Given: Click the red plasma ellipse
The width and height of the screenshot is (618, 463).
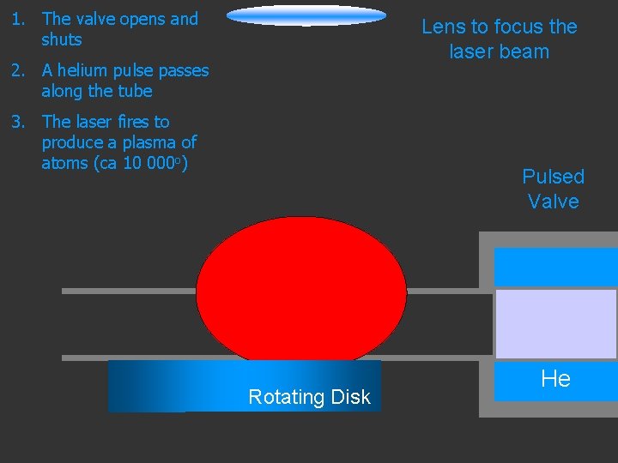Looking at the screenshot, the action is pos(301,287).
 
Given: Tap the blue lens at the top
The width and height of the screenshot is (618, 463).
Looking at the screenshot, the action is pos(306,15).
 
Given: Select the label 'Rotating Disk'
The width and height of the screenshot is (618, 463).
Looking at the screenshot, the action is pos(309,397).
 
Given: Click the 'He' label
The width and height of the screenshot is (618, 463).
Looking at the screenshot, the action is pos(555,379).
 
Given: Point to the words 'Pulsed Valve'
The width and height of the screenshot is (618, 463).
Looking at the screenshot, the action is pos(553,189).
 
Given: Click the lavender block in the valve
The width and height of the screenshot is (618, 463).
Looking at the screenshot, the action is pos(555,322).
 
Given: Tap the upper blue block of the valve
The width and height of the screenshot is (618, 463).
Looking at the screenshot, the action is pos(555,266).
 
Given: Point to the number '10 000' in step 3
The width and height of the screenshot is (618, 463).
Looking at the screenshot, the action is pos(151,163).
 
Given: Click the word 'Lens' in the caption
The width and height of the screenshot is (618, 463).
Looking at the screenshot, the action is pos(443,27).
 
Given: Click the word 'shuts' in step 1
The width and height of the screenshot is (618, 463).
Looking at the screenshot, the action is pos(62,39).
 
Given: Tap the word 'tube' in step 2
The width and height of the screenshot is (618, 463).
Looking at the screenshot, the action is pos(134,91).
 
